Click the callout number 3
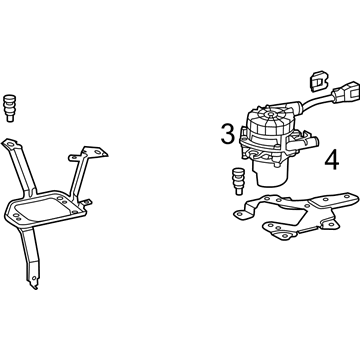tap(228, 134)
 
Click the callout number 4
tap(332, 160)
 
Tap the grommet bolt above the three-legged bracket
tap(9, 108)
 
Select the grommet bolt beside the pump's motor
tap(239, 181)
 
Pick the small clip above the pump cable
tap(319, 81)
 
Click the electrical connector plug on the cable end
tap(346, 91)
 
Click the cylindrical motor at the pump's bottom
tap(270, 174)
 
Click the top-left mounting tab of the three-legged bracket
tap(11, 144)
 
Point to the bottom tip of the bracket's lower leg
tap(34, 286)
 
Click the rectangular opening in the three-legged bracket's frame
tap(43, 208)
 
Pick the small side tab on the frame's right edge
tap(87, 202)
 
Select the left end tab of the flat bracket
tap(241, 214)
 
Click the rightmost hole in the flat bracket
tap(347, 197)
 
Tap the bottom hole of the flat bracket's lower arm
tap(285, 236)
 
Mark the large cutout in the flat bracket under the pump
tap(288, 216)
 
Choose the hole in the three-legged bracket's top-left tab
tap(10, 144)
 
